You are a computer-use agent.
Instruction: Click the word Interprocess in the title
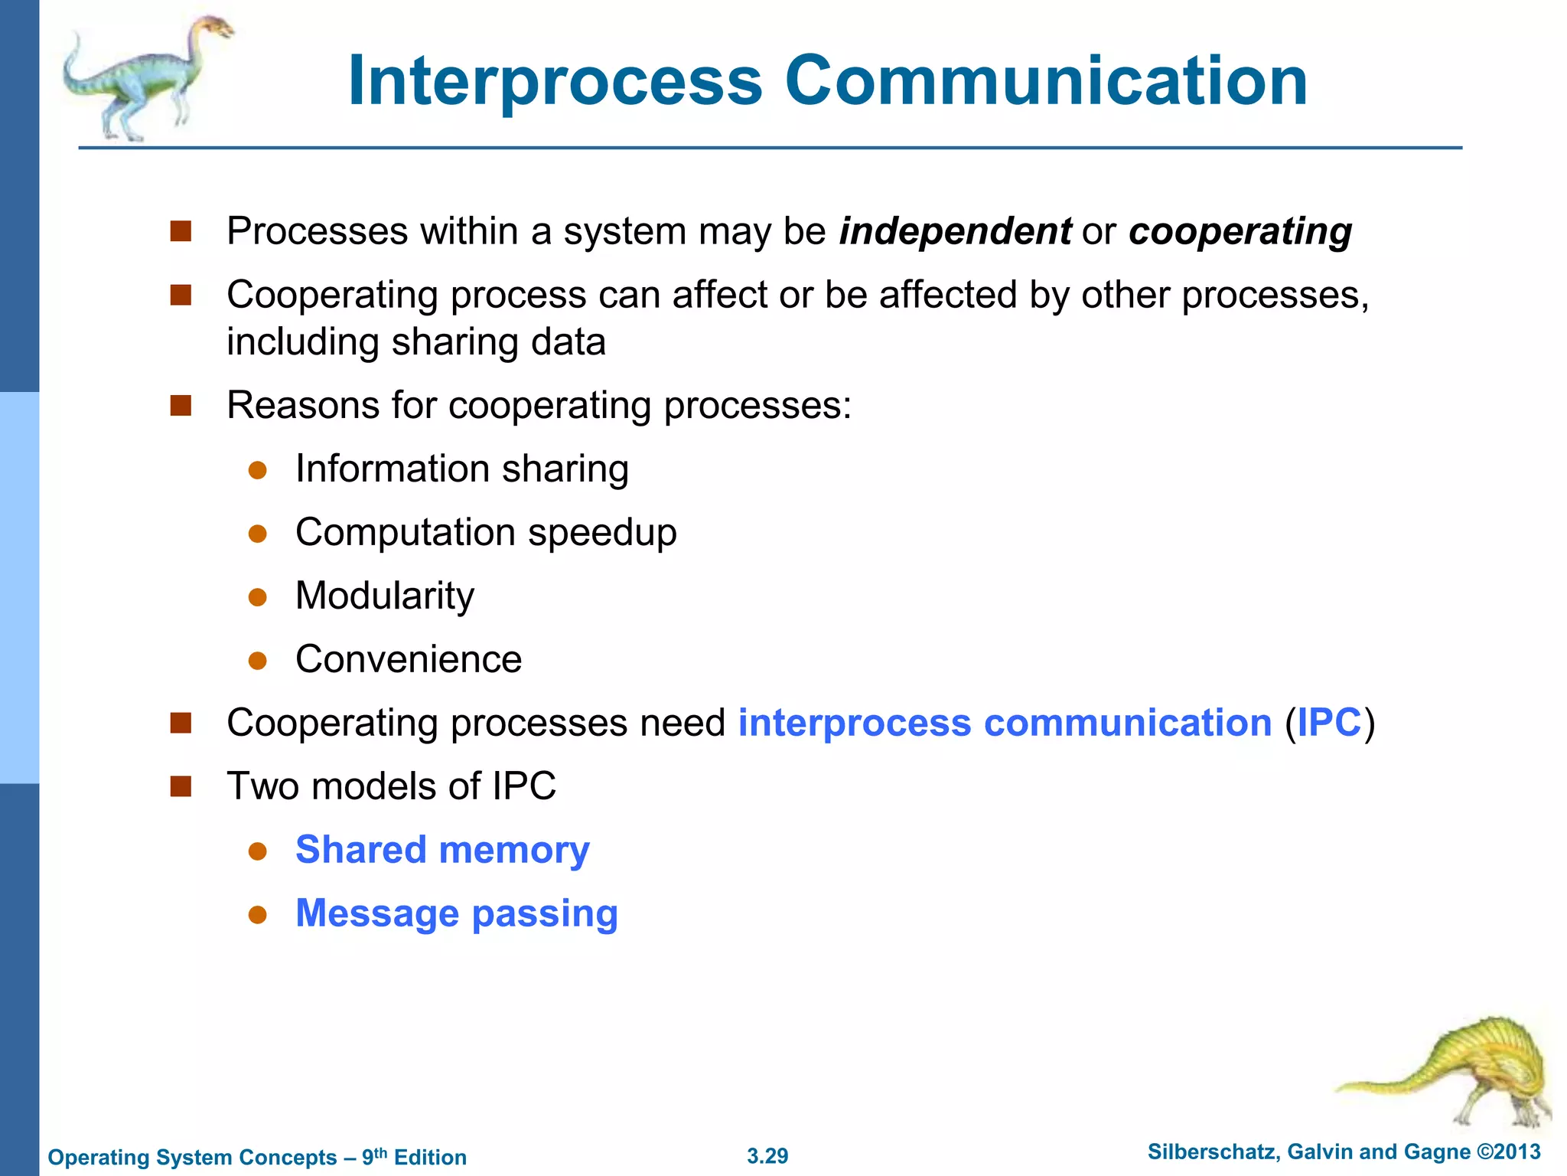pos(555,81)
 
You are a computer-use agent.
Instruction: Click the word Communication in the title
pos(1046,81)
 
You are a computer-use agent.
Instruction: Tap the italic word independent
pos(955,231)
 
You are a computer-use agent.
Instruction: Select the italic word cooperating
pos(1240,231)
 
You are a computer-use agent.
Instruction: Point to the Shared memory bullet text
pos(442,850)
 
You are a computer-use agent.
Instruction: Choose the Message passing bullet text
pos(456,913)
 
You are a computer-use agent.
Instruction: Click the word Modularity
pos(384,596)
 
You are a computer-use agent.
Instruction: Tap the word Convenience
pos(409,659)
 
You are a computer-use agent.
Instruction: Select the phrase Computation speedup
pos(486,532)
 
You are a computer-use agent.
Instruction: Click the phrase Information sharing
pos(461,469)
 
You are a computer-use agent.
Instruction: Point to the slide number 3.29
pos(767,1156)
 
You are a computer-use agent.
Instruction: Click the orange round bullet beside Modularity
pos(258,596)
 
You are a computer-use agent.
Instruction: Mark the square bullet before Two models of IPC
pos(181,786)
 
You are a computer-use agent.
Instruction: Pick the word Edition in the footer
pos(430,1158)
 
